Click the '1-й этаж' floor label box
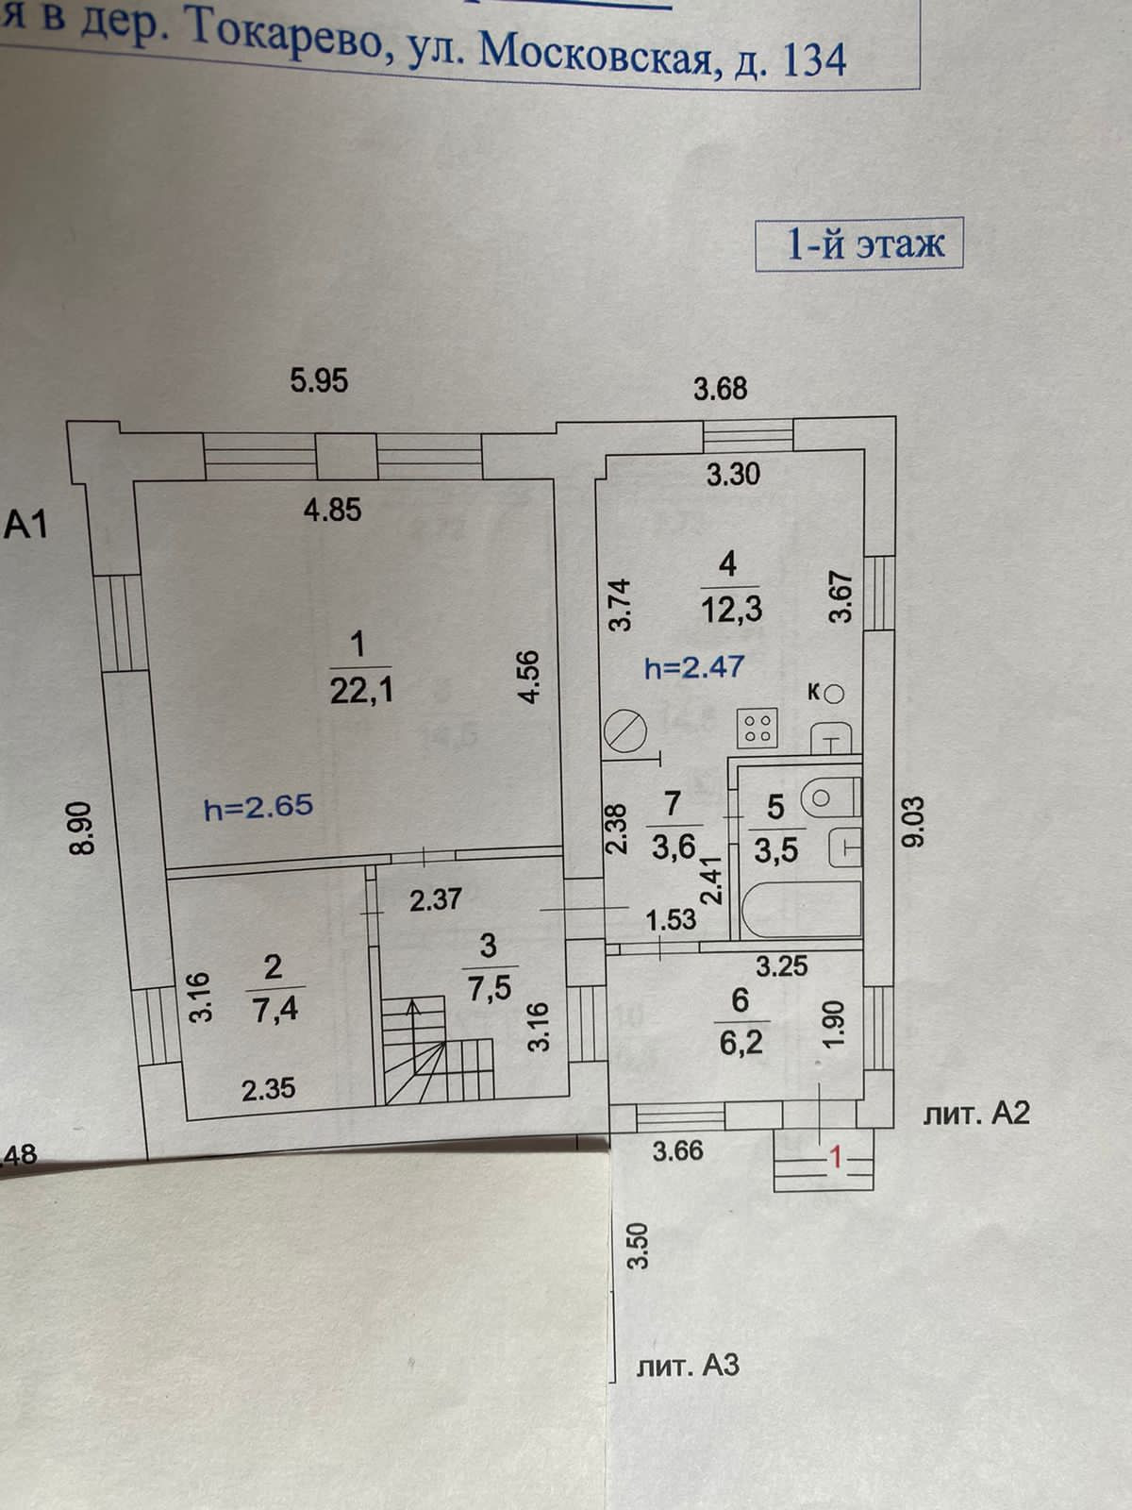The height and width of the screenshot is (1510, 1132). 860,245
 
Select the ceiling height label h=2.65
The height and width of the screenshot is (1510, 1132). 258,807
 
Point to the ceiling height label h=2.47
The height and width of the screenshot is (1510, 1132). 693,668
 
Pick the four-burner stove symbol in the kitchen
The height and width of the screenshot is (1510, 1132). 757,727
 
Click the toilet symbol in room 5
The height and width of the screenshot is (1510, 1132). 829,797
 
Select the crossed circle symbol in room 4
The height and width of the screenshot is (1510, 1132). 624,731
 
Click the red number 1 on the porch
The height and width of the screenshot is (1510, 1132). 834,1157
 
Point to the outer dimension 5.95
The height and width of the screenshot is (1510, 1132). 319,380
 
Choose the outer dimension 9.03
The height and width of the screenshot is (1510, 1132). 913,823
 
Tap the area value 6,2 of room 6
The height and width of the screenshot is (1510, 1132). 741,1042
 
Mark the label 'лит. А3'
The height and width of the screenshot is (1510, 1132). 688,1365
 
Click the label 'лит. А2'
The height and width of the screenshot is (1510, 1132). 975,1115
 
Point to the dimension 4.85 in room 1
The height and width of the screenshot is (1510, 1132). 332,510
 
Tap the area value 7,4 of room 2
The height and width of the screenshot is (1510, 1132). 275,1010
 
